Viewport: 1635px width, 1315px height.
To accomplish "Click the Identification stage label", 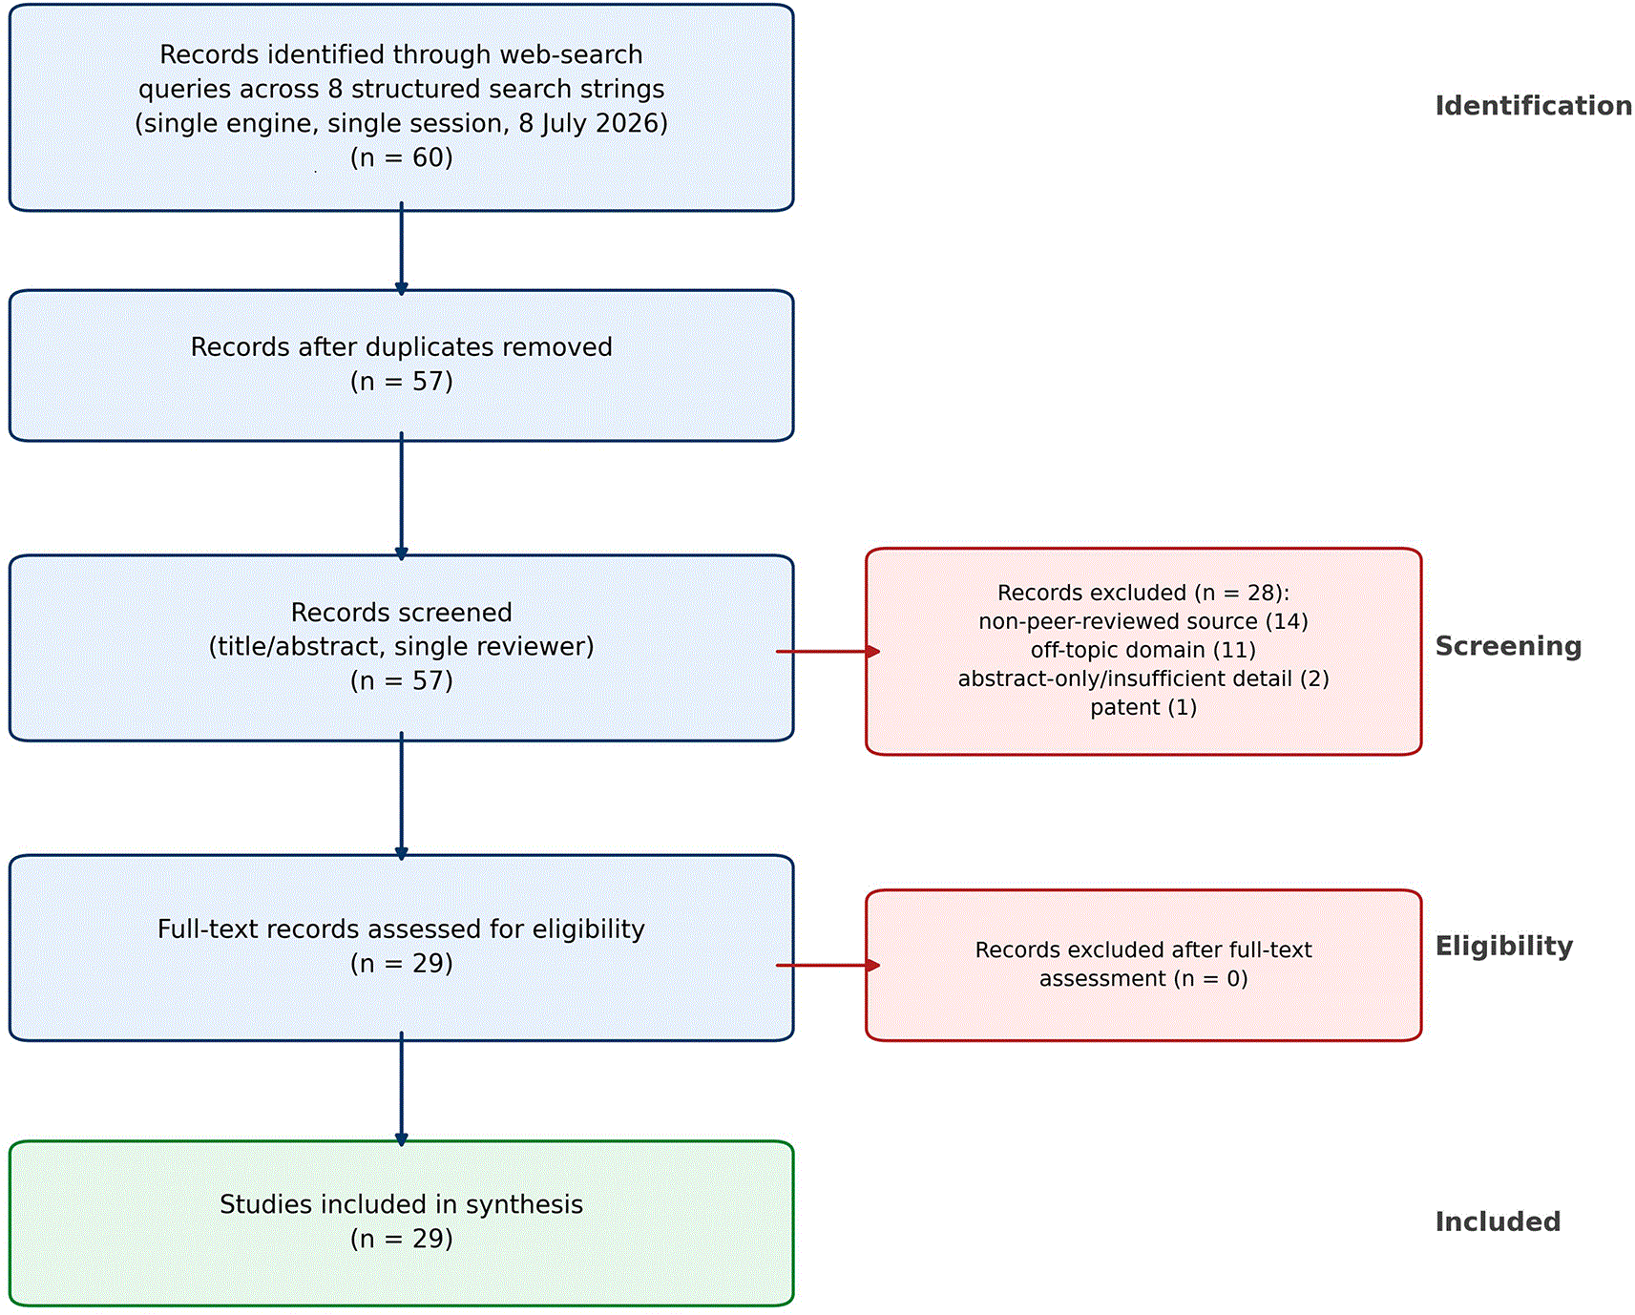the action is [1533, 106].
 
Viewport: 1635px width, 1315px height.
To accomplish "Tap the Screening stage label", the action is [1508, 647].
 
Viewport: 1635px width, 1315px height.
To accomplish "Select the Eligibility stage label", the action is [1504, 947].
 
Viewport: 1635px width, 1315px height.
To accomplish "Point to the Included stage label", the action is [1498, 1221].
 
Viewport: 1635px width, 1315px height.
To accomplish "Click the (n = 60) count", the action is [402, 157].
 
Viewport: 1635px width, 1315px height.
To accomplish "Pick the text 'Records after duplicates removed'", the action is [402, 346].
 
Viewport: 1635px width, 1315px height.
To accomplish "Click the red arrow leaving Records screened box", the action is [828, 652].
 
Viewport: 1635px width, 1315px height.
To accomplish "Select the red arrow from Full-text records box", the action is [828, 966].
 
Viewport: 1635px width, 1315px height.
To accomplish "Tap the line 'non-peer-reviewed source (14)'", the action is [1143, 622].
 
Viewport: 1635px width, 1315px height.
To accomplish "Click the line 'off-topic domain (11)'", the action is [1143, 651].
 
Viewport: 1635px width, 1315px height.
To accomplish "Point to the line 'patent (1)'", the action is [1143, 708].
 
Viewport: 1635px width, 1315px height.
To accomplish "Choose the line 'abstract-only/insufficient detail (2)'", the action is [1143, 679].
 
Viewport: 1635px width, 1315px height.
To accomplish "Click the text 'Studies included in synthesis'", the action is [402, 1204].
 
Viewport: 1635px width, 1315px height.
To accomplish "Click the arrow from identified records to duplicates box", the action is [402, 248].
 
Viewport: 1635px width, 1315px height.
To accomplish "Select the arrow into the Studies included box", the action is [402, 1089].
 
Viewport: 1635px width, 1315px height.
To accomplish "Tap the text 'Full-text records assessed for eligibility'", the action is [402, 929].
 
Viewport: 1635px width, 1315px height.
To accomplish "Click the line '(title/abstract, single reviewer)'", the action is [402, 647].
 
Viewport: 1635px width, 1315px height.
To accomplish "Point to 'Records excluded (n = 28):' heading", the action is [1143, 594].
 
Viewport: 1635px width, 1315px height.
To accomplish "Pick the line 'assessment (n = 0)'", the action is [1143, 979].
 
